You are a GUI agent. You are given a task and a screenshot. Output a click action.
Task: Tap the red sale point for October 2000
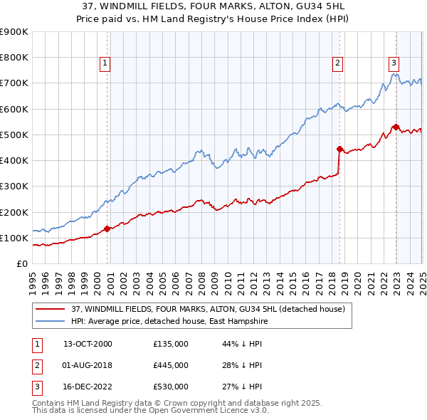[107, 229]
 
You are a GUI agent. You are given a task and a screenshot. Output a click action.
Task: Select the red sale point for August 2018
[339, 149]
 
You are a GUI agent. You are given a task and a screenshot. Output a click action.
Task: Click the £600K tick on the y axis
[14, 109]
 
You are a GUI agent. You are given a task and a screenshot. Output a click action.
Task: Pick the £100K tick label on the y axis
[14, 238]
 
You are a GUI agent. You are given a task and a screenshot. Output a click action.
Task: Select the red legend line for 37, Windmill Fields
[50, 309]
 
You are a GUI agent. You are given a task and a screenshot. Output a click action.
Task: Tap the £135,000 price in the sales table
[170, 344]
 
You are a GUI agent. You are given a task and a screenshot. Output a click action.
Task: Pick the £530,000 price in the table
[170, 387]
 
